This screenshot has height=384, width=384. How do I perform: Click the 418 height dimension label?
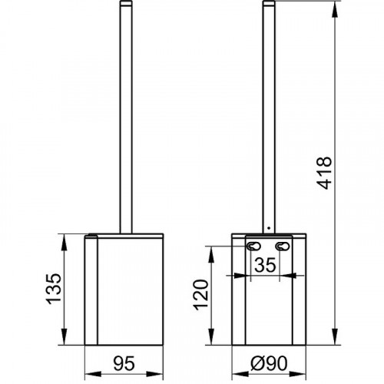coord(324,173)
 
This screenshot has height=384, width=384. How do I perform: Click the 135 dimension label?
coord(54,289)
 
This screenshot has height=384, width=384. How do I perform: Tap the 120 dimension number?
coord(201,295)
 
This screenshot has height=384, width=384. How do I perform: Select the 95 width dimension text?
coord(124,363)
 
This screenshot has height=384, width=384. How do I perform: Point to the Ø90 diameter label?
coord(269,363)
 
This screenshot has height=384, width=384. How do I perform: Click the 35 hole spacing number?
coord(266,265)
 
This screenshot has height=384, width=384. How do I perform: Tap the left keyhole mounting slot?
coord(253,247)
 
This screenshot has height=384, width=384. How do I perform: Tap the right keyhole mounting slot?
coord(283,247)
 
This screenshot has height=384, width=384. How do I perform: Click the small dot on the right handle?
coord(269,227)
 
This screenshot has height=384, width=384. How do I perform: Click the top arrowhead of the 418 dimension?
coord(335,10)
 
